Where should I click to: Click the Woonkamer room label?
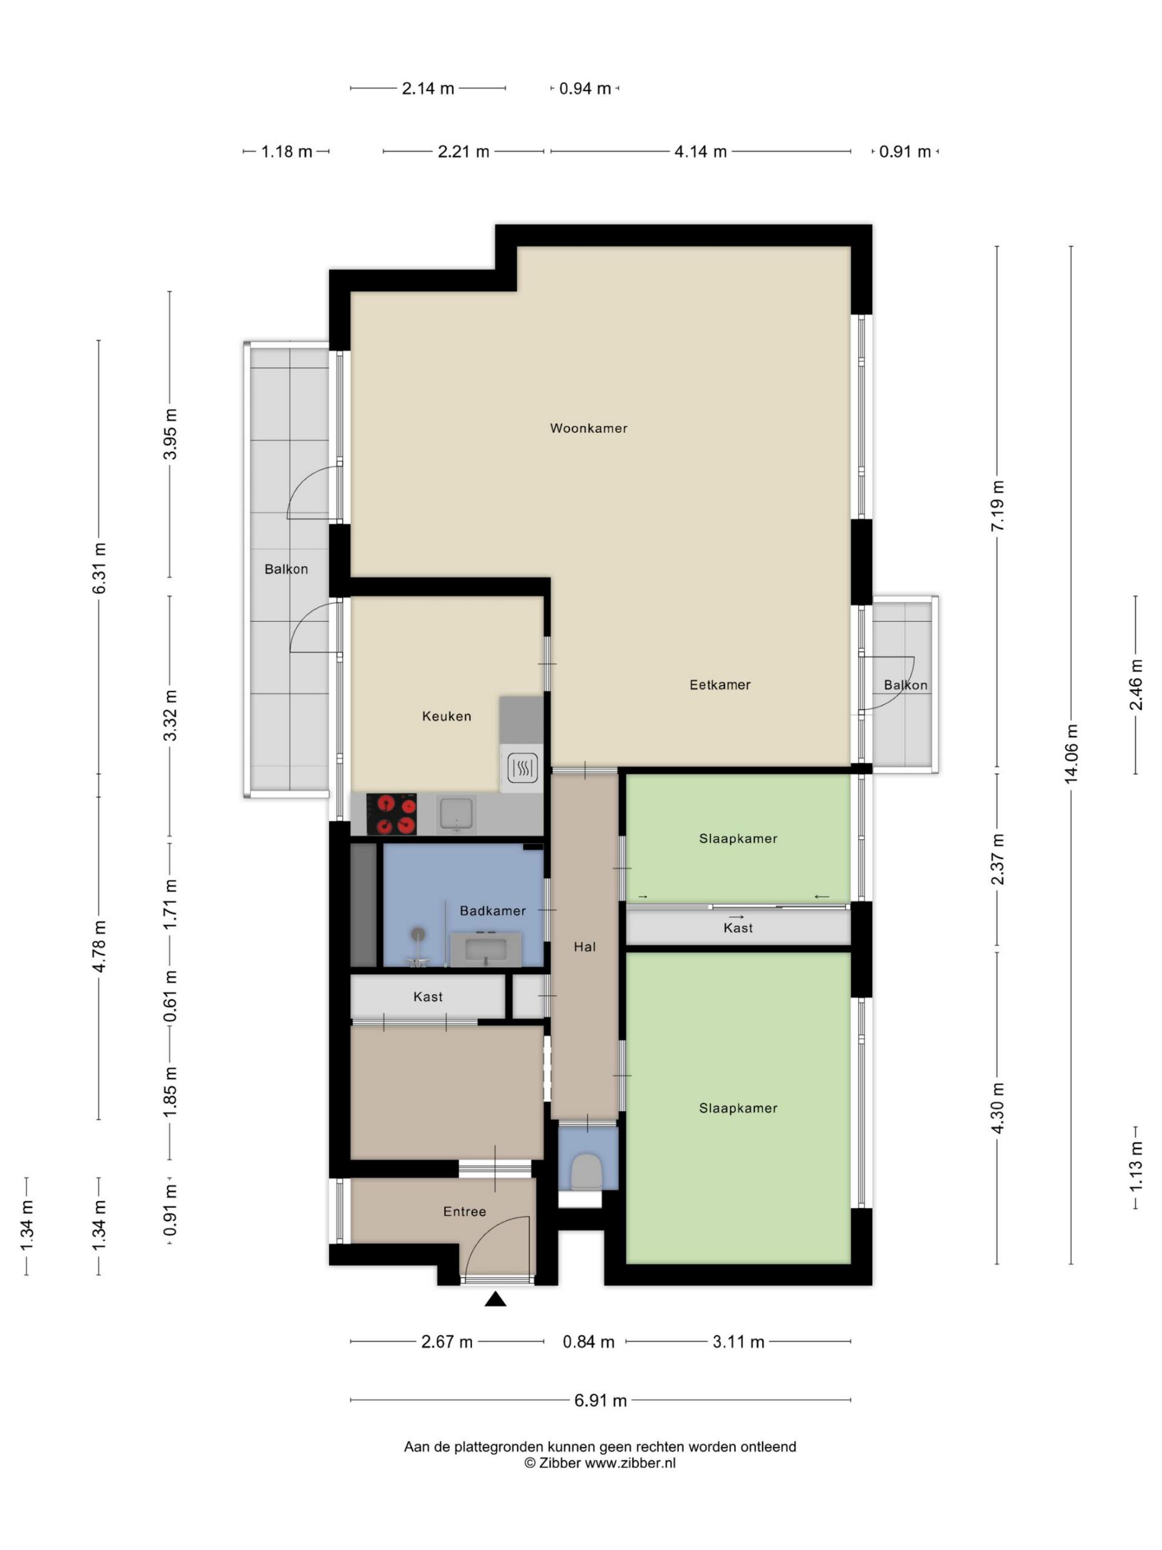point(588,428)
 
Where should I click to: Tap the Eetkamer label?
point(720,685)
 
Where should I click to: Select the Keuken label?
point(447,716)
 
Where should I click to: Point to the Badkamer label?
point(493,911)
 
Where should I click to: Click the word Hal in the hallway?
point(585,947)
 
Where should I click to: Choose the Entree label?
point(464,1212)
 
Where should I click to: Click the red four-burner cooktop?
point(392,814)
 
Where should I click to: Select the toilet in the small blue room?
point(587,1171)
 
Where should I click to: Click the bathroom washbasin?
point(485,949)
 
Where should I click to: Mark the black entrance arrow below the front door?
point(496,1299)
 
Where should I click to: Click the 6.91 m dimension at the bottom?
point(600,1400)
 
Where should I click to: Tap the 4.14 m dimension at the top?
point(700,151)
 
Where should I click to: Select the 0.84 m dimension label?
point(588,1341)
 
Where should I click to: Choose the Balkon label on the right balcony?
point(905,685)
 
